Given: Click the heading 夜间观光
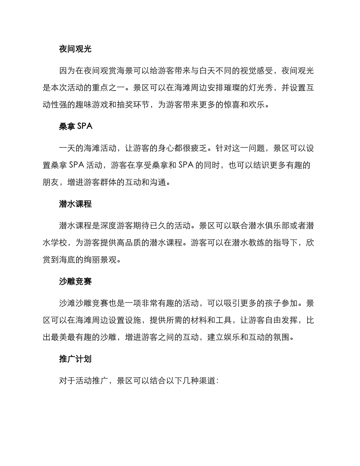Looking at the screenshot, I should [x=75, y=49].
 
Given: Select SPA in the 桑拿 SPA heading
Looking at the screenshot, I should [x=85, y=127].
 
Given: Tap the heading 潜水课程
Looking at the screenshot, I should [x=75, y=204].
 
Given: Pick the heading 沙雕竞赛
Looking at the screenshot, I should [x=75, y=281].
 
